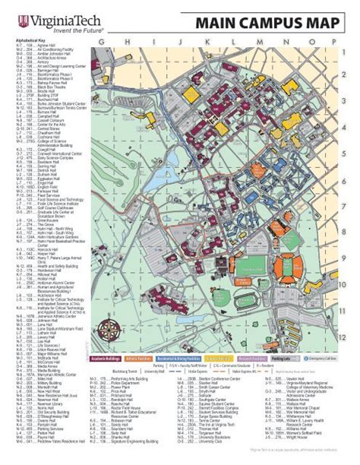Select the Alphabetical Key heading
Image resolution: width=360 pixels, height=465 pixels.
pos(29,40)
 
